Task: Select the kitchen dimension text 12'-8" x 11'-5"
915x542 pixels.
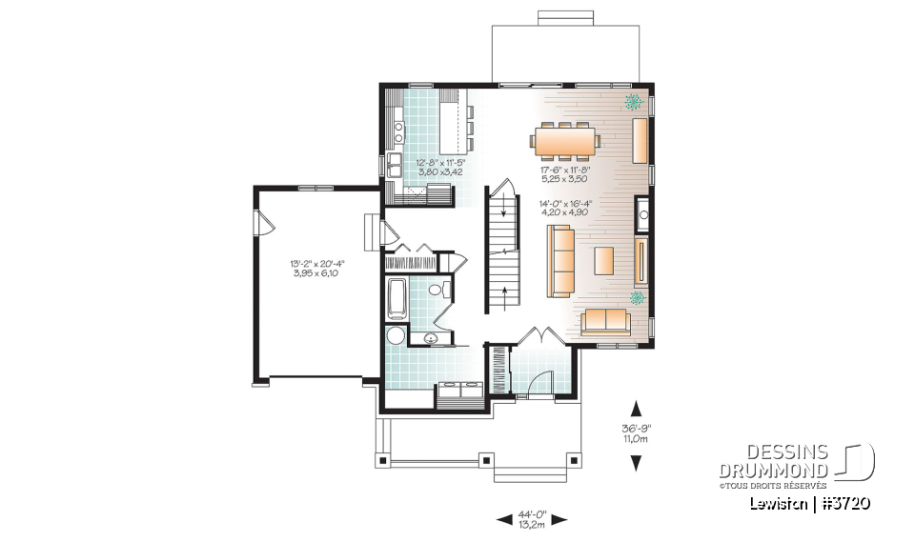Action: [438, 168]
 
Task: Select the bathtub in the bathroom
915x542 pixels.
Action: [396, 298]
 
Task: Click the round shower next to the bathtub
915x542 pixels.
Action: [395, 335]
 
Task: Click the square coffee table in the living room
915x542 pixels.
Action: [604, 258]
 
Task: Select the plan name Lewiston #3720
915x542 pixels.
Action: [810, 503]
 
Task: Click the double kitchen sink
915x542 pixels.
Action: [394, 165]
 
